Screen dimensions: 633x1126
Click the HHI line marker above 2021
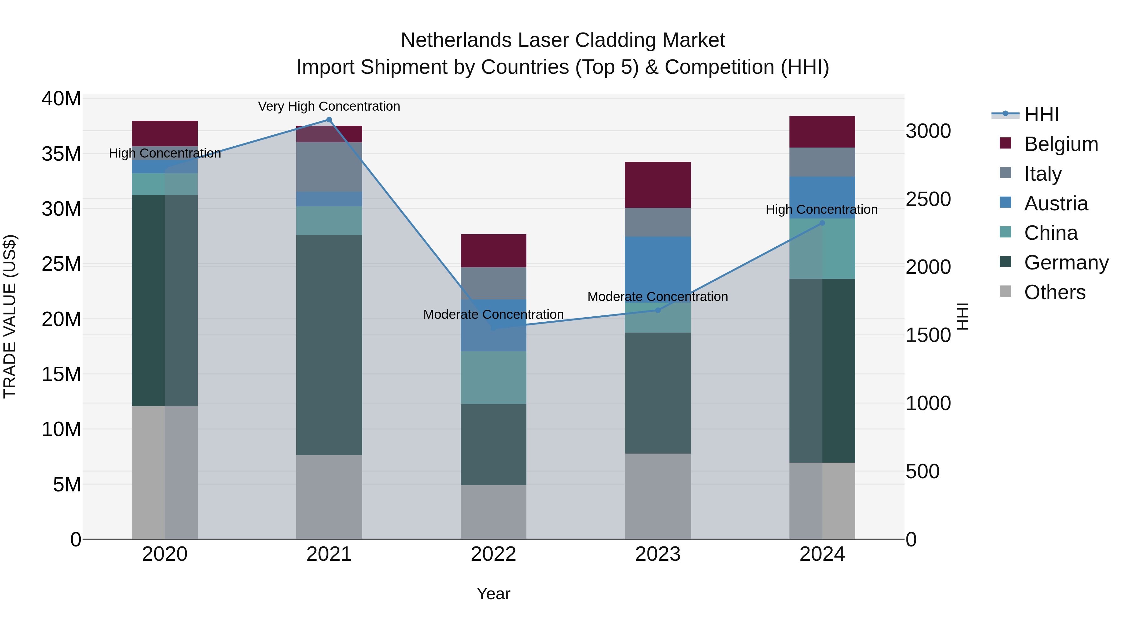(329, 120)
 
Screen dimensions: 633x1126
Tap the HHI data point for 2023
(658, 310)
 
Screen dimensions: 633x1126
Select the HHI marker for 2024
(822, 223)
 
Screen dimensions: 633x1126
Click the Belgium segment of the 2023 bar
(658, 185)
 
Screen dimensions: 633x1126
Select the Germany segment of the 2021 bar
(329, 345)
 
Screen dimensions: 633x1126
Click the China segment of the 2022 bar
(494, 378)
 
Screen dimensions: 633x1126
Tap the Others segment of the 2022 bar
(494, 512)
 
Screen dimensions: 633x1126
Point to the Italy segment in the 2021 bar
(329, 167)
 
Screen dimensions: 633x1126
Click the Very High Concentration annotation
(329, 107)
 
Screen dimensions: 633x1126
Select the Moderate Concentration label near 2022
(494, 314)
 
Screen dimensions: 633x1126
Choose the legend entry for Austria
(1056, 203)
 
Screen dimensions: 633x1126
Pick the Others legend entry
(1054, 292)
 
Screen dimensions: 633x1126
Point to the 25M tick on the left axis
(61, 264)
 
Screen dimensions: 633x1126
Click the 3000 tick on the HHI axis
(928, 131)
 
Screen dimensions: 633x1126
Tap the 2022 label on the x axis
(494, 554)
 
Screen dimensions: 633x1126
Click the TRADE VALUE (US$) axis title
(10, 316)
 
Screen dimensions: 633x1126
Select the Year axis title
(494, 594)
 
